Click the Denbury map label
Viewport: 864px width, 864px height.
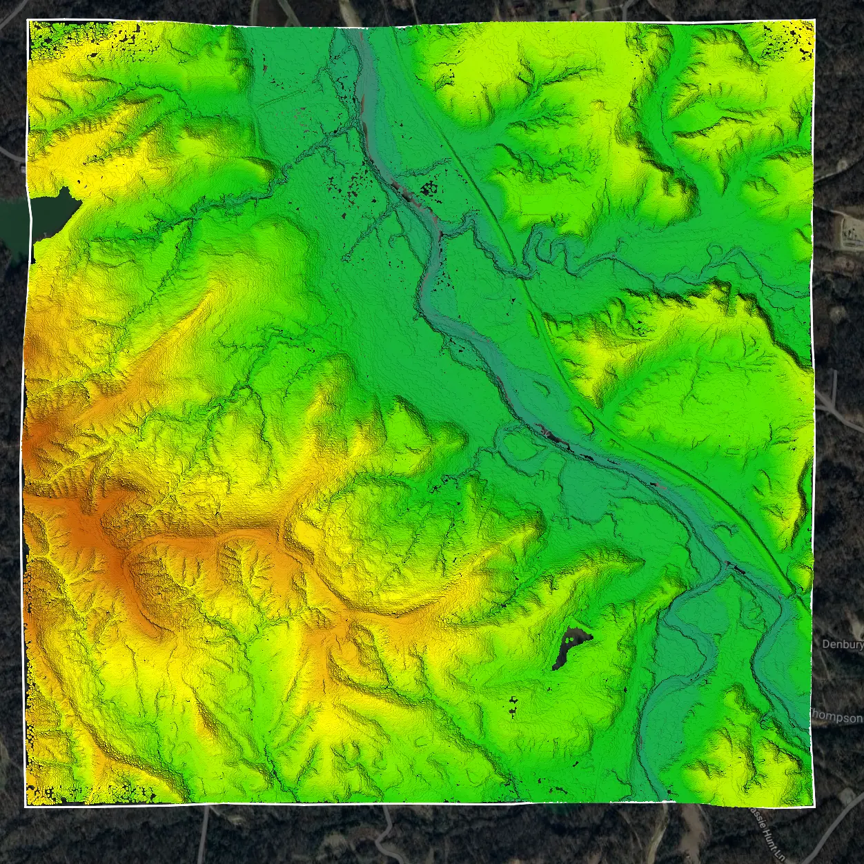click(x=843, y=645)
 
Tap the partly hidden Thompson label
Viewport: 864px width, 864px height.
click(x=837, y=718)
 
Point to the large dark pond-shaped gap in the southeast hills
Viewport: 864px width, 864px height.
click(x=570, y=647)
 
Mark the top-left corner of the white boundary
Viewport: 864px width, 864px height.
click(x=28, y=21)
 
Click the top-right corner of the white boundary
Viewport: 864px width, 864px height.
click(x=815, y=21)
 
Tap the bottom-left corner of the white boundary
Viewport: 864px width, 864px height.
click(x=26, y=805)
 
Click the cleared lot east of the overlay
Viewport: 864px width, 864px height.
click(x=848, y=231)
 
